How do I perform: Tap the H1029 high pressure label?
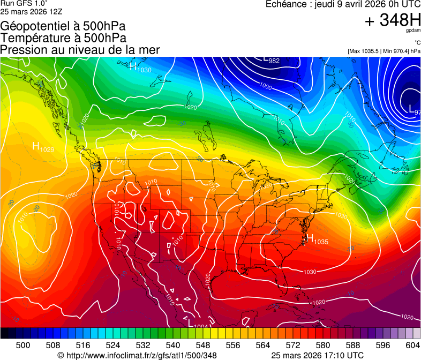point(43,147)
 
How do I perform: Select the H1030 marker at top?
point(140,67)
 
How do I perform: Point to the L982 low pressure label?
point(271,60)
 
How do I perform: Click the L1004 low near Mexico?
point(198,322)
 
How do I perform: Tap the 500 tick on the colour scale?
point(23,346)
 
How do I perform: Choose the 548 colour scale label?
point(203,346)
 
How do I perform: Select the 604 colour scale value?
point(413,346)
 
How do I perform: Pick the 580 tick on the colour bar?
point(323,346)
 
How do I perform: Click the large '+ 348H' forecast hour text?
point(393,20)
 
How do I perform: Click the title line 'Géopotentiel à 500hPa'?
point(63,26)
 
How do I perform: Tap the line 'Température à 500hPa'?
point(63,38)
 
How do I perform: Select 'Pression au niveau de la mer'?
point(80,50)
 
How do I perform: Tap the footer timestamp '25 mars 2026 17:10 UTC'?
point(318,355)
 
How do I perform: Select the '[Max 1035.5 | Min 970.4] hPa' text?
point(384,51)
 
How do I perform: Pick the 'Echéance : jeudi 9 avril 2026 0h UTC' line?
point(343,4)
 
